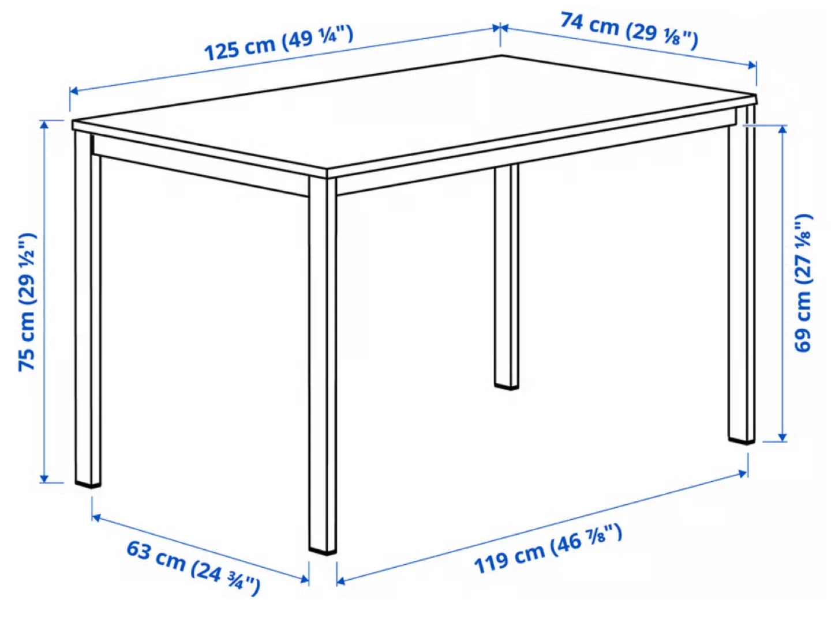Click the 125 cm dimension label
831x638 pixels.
(x=279, y=43)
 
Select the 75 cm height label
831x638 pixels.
(x=27, y=302)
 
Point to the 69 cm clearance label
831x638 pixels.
(x=803, y=283)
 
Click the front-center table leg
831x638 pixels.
(x=322, y=363)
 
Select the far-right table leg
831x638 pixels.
(x=741, y=282)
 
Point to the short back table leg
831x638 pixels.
(x=506, y=277)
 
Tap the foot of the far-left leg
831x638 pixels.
(x=88, y=483)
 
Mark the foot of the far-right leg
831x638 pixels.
(x=741, y=440)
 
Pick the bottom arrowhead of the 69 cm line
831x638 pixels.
(x=783, y=437)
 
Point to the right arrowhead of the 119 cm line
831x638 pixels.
(x=744, y=474)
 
